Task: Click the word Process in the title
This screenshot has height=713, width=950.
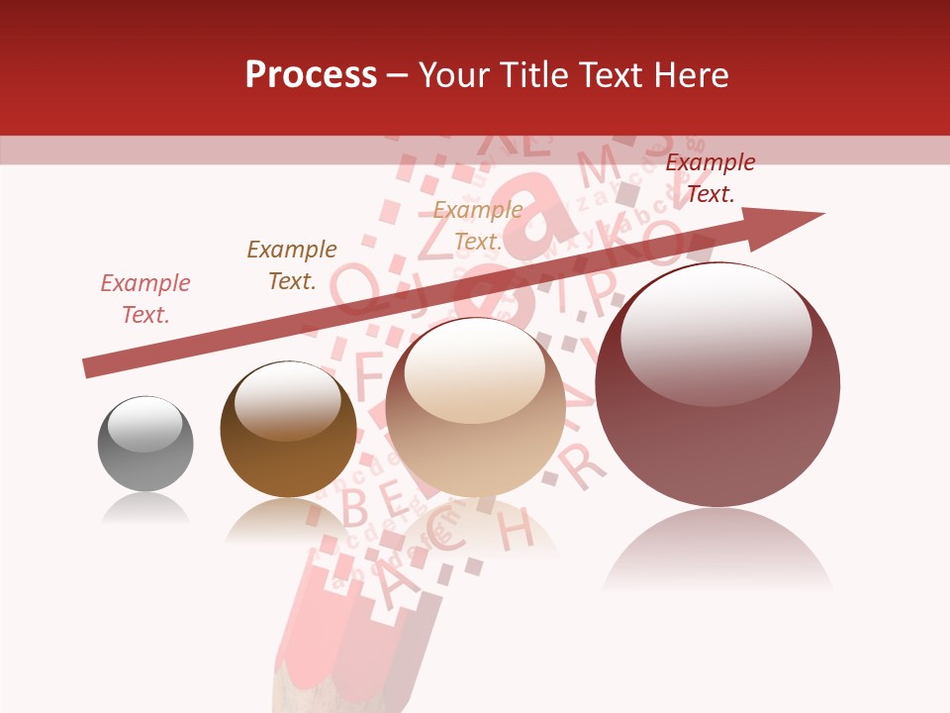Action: coord(311,75)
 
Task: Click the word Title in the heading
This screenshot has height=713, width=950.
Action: coord(532,75)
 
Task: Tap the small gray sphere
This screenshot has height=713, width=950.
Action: coord(145,444)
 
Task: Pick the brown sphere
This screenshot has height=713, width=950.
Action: coord(288,430)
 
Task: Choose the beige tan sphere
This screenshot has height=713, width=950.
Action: coord(475,408)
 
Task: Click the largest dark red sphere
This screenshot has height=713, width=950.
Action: coord(717,386)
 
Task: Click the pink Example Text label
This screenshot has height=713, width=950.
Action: coord(145,299)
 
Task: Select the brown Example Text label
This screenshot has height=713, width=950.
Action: coord(292,265)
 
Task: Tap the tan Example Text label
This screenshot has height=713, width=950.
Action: coord(478,226)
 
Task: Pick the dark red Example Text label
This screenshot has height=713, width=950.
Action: coord(711,178)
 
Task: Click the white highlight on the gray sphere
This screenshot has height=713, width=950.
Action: coord(145,423)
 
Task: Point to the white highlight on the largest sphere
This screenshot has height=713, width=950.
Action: coord(715,334)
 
